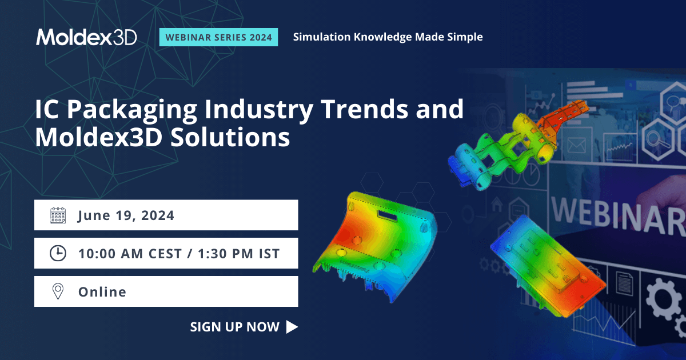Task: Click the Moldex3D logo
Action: pyautogui.click(x=86, y=37)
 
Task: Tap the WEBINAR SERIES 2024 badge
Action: pyautogui.click(x=218, y=37)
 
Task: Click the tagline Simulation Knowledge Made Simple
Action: pyautogui.click(x=388, y=37)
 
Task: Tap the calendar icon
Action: pyautogui.click(x=58, y=215)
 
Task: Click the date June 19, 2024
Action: pyautogui.click(x=126, y=216)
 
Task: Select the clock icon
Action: pyautogui.click(x=58, y=253)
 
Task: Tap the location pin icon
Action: pyautogui.click(x=58, y=291)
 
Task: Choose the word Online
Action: pyautogui.click(x=102, y=291)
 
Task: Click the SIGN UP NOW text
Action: pyautogui.click(x=234, y=327)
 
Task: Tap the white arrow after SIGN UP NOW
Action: pyautogui.click(x=292, y=327)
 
